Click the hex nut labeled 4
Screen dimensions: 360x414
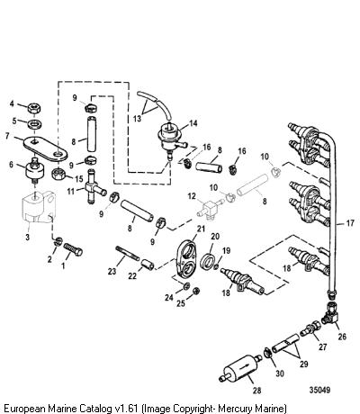point(34,108)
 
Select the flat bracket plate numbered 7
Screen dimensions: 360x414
point(46,148)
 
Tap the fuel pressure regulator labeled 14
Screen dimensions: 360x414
point(170,137)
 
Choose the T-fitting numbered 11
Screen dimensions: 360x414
point(94,188)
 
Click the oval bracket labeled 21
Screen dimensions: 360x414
point(186,258)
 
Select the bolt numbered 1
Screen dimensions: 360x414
point(73,249)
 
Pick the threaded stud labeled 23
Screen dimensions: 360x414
point(127,254)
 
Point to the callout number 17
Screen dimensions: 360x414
point(350,223)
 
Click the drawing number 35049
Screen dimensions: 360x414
point(319,390)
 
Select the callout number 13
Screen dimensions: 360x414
point(137,119)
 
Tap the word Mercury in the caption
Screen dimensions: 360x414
point(235,409)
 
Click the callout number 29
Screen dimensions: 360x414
point(304,364)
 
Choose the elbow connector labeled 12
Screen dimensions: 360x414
point(211,209)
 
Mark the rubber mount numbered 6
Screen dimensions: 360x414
point(34,170)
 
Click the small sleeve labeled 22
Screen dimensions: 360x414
point(148,264)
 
